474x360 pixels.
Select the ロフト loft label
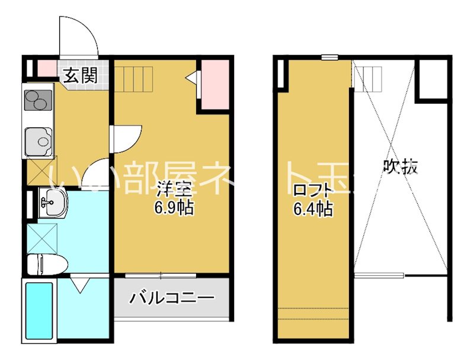point(312,191)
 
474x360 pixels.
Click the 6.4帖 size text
point(313,208)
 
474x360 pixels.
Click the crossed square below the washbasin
point(40,237)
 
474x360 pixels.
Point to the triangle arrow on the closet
point(191,77)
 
